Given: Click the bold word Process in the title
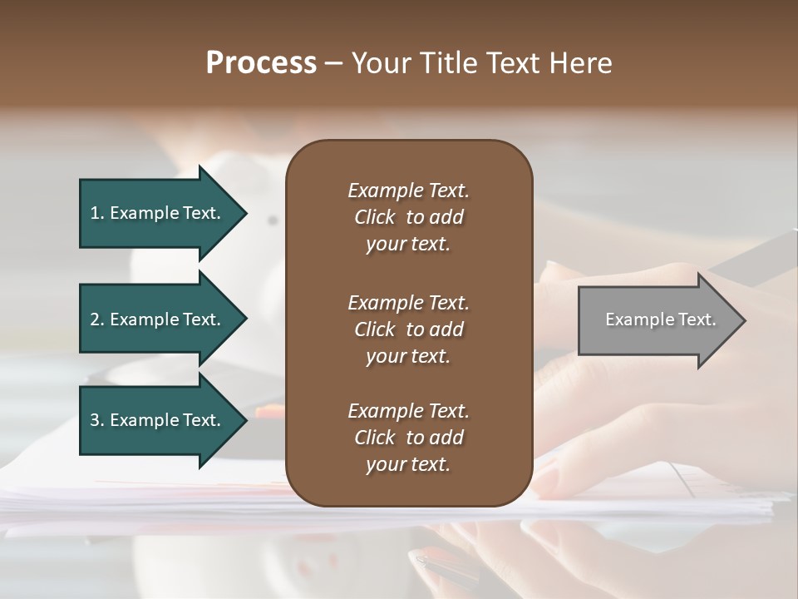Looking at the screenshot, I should click(x=261, y=63).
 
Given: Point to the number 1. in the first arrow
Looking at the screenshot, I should click(x=97, y=213).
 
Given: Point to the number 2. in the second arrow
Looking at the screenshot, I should click(x=97, y=319).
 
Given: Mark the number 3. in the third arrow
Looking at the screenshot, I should click(x=97, y=420).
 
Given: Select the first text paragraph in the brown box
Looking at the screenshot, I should click(x=408, y=217).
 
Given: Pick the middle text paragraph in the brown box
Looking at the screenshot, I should click(x=408, y=329).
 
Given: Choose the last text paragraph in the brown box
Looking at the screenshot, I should click(x=408, y=438).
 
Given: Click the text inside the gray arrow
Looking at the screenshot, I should click(x=661, y=319).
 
